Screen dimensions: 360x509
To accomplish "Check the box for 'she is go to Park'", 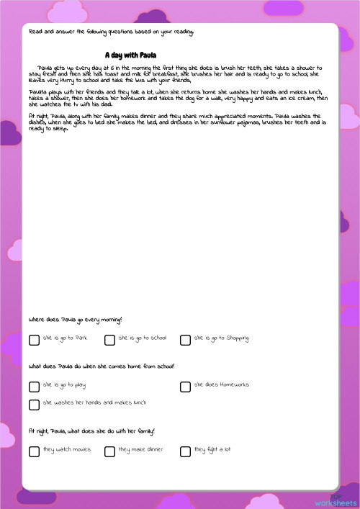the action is (x=34, y=340).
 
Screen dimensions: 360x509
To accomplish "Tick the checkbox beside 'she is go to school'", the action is (x=109, y=340).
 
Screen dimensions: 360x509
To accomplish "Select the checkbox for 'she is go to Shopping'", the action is (x=185, y=340).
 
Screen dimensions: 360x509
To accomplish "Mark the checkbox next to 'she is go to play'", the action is (x=34, y=387).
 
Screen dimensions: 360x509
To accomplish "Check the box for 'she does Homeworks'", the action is (x=185, y=387).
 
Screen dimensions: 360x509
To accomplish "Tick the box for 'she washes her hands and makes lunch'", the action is (x=34, y=405).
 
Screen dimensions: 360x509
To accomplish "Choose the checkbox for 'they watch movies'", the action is (x=34, y=451).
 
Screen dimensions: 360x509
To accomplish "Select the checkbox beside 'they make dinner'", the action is (x=109, y=451).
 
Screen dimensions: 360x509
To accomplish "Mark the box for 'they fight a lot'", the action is (x=185, y=451).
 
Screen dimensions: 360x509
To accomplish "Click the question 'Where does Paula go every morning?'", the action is (x=76, y=319).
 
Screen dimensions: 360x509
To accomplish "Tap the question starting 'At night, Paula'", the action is (x=91, y=431).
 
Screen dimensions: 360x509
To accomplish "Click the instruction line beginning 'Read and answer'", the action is (x=112, y=32).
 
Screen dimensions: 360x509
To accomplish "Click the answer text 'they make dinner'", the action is (x=141, y=449).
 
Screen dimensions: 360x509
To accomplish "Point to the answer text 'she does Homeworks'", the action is (x=222, y=384).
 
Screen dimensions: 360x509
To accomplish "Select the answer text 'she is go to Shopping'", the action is (x=222, y=338).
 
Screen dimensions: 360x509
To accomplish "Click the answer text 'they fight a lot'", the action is (x=212, y=449).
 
